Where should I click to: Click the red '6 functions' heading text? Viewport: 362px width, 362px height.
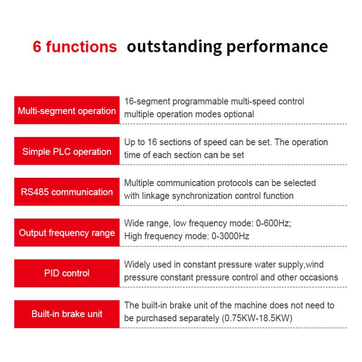tap(75, 47)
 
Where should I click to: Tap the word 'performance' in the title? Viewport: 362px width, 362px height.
tap(277, 47)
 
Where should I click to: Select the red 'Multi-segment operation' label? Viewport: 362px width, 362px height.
tap(67, 110)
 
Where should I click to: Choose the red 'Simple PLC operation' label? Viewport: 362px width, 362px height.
tap(67, 151)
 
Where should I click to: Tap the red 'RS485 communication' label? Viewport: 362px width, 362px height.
tap(67, 192)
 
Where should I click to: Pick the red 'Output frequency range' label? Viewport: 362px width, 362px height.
tap(67, 233)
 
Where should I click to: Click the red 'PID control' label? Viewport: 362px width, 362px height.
tap(67, 273)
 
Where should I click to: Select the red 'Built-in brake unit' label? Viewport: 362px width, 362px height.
tap(67, 314)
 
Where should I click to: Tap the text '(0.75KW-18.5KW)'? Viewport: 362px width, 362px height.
tap(257, 318)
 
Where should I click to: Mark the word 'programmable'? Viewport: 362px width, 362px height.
tap(193, 101)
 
